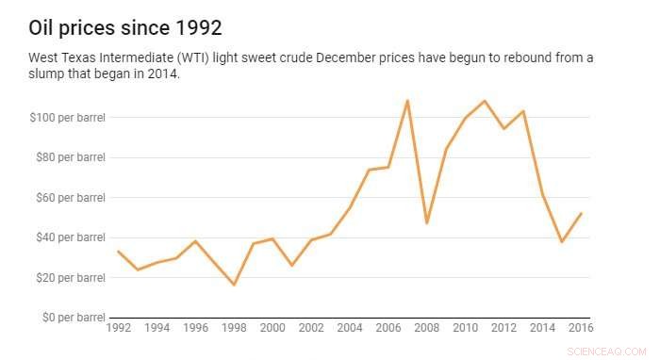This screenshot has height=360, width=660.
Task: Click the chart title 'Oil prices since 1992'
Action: click(x=125, y=25)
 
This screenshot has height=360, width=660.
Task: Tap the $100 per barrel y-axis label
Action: click(x=66, y=118)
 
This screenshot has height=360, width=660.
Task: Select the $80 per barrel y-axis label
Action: click(x=68, y=157)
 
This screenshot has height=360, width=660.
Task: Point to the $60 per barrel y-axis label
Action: click(x=68, y=198)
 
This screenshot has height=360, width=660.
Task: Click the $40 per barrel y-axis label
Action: click(x=68, y=237)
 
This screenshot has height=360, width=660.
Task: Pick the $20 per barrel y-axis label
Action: click(x=68, y=278)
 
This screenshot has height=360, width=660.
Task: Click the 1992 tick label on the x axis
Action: click(x=119, y=329)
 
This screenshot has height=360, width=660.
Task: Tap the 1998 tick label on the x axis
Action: click(x=234, y=329)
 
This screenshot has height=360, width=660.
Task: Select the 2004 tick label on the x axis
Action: click(x=350, y=329)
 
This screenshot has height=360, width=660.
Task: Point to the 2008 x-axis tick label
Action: click(x=426, y=329)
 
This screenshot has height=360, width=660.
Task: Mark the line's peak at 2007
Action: click(x=407, y=100)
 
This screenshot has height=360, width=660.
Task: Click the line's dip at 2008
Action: click(x=426, y=223)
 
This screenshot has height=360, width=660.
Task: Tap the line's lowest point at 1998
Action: click(x=234, y=285)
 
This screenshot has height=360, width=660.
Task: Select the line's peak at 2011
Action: click(x=485, y=101)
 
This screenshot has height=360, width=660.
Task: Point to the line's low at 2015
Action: click(x=561, y=242)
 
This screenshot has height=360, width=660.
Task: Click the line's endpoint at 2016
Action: click(x=581, y=213)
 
